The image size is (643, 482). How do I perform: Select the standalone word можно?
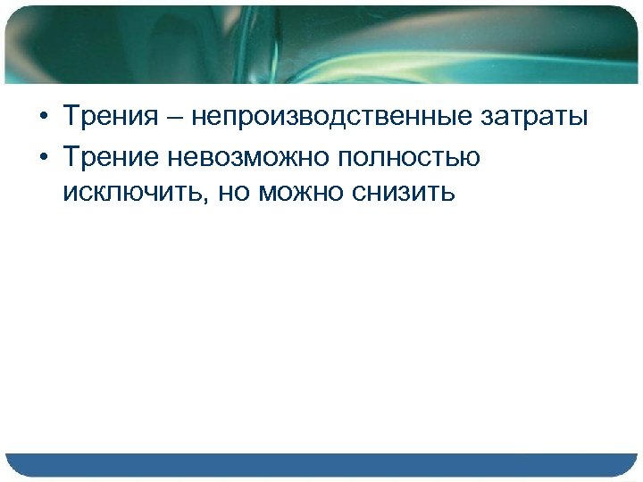click(x=303, y=193)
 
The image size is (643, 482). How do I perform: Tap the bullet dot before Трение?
click(x=42, y=159)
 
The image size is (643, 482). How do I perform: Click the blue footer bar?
click(x=321, y=465)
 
